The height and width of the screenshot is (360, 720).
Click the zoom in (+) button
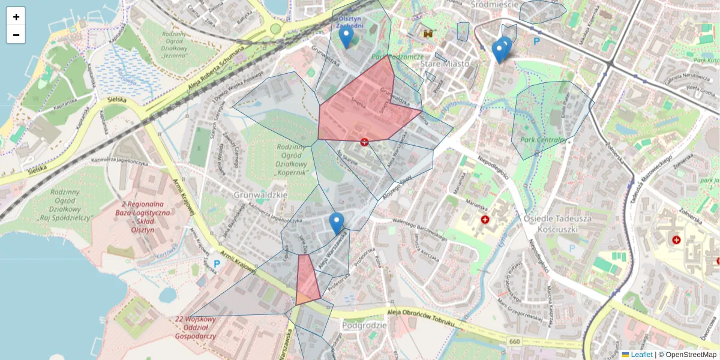(x=16, y=17)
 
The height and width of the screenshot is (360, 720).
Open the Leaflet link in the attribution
(x=641, y=355)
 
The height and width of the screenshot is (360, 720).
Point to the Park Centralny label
(x=544, y=140)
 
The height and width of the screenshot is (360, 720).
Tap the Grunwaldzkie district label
(x=262, y=195)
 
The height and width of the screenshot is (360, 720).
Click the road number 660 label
(x=514, y=341)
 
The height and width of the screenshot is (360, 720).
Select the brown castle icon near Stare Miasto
(x=428, y=34)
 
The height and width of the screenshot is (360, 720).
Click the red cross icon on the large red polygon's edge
(x=364, y=142)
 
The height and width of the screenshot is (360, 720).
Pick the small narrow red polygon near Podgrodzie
(x=306, y=279)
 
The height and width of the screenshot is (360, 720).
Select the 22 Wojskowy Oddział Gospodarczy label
(x=196, y=328)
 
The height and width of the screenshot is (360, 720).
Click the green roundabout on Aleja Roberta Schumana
(x=275, y=28)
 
